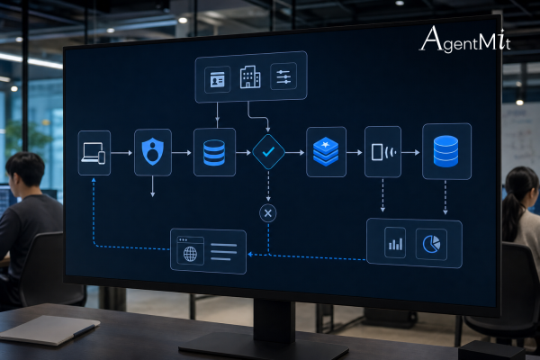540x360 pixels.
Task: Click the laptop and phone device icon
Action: (94, 153)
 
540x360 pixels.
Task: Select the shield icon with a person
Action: (153, 151)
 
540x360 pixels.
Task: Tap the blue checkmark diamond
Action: (268, 151)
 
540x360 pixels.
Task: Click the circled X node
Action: (268, 213)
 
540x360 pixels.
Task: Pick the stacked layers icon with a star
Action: (326, 152)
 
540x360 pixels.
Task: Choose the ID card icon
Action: (217, 80)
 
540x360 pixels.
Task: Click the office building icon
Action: (250, 77)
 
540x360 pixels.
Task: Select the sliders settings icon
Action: (283, 76)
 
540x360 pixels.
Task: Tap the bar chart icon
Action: (395, 243)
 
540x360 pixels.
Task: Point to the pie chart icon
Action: (431, 244)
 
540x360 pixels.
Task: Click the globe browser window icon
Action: (190, 250)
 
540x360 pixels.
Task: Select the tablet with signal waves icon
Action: (382, 152)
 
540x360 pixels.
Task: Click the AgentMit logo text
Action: (465, 40)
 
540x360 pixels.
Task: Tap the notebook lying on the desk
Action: (49, 329)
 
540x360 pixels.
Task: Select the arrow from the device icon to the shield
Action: (121, 153)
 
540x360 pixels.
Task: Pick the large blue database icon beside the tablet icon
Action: (445, 151)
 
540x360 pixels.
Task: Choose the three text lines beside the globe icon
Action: (223, 252)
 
